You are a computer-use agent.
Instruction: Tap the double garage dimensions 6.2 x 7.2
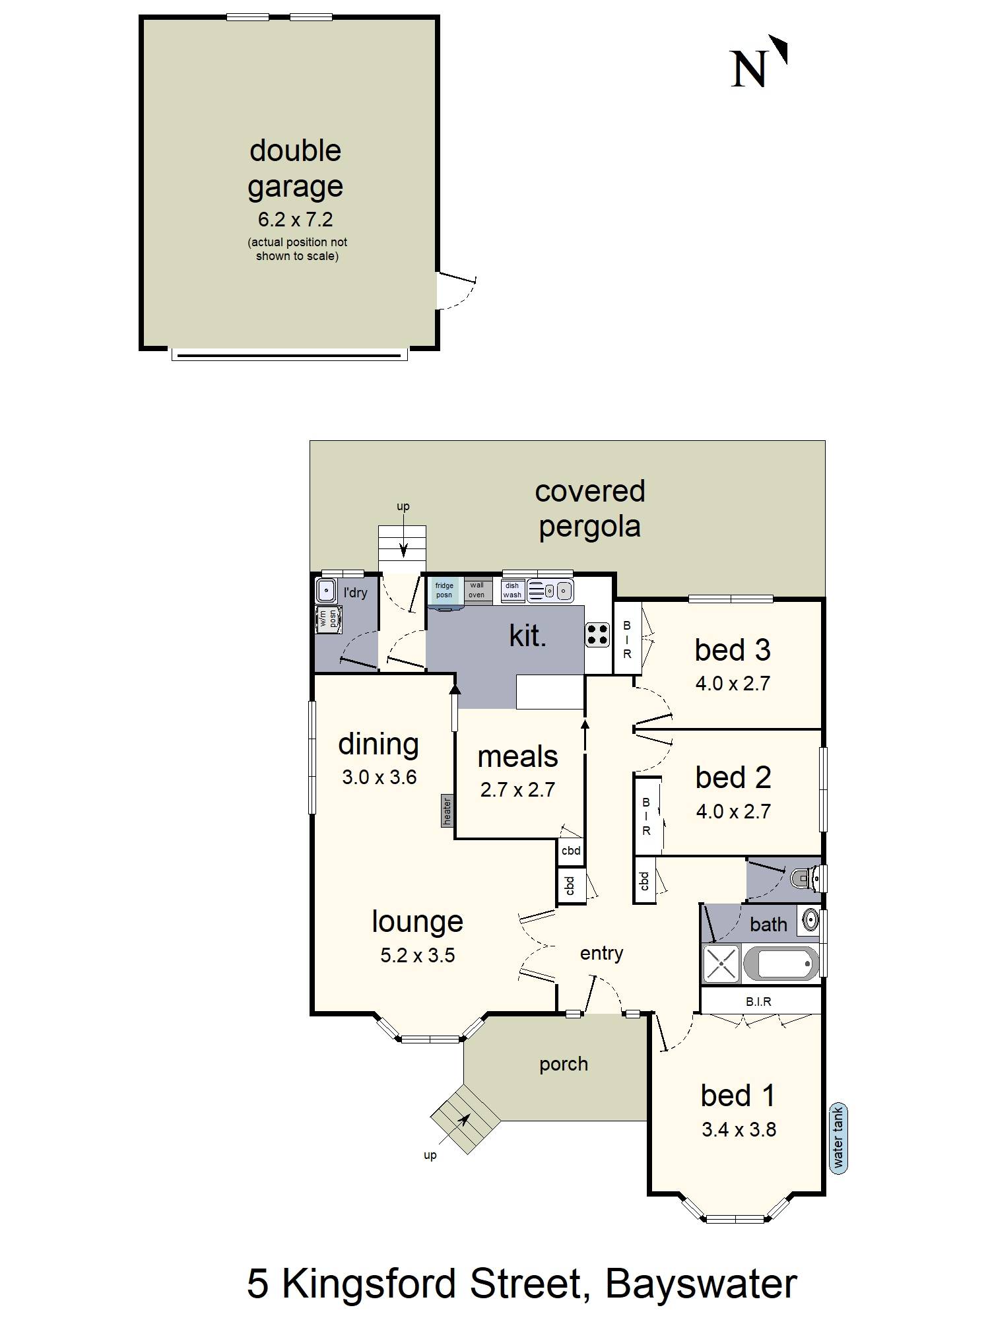(295, 219)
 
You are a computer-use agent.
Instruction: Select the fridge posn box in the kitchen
(444, 591)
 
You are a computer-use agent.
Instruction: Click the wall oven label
(477, 590)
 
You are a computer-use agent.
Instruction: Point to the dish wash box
(512, 590)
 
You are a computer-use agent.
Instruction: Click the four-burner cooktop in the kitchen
(597, 635)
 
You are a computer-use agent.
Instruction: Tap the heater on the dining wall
(447, 811)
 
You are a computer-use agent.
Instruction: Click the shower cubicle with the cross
(721, 964)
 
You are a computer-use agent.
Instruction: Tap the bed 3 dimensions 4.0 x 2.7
(733, 683)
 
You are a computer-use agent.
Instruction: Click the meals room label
(517, 756)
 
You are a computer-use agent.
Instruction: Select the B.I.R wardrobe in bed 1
(759, 1001)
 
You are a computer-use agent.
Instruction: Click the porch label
(563, 1064)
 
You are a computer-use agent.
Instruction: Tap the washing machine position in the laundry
(328, 619)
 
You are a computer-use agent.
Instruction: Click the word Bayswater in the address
(701, 1284)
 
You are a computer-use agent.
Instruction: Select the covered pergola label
(589, 509)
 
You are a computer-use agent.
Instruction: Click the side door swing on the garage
(455, 290)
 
